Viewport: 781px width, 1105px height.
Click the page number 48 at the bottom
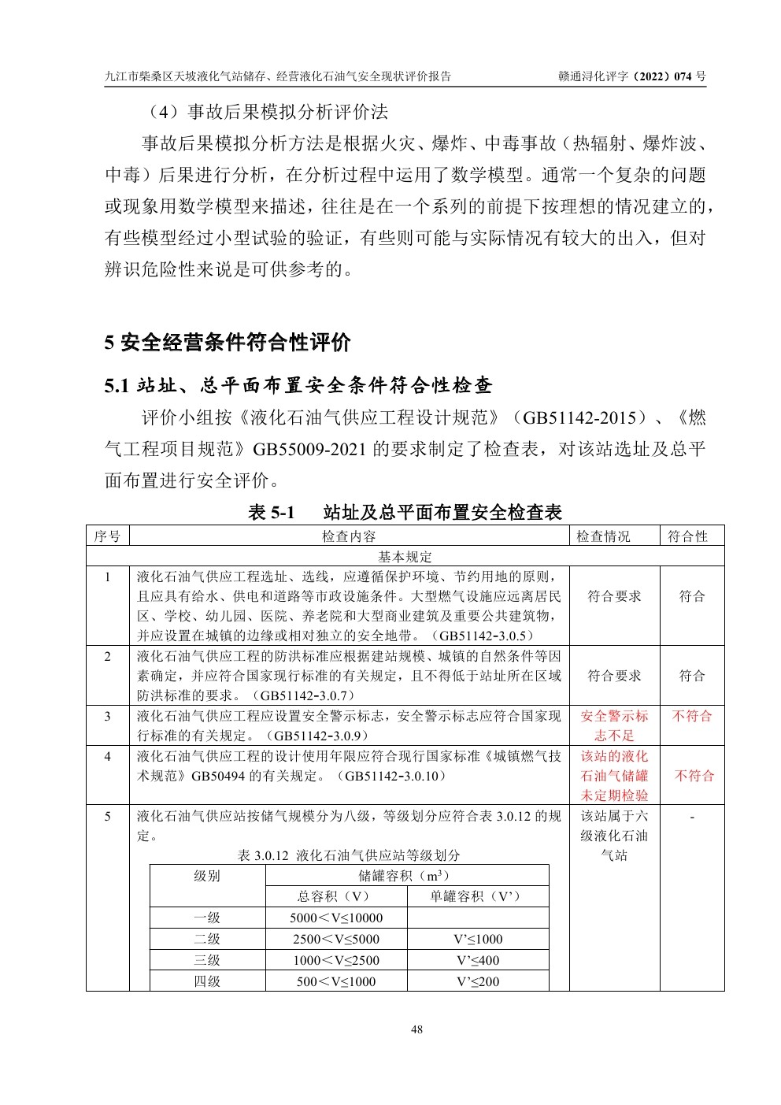417,1029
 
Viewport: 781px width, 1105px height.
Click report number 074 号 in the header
684,76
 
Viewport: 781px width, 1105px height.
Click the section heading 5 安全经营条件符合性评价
228,343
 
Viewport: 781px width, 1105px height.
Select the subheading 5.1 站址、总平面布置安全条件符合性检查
298,385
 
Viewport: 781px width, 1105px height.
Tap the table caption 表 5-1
271,512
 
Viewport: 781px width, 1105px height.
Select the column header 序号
107,536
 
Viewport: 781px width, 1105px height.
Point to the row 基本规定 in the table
405,557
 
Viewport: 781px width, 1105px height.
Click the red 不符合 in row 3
691,716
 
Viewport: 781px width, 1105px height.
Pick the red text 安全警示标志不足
614,725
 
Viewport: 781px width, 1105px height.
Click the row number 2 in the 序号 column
108,656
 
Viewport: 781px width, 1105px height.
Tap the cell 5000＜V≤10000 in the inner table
336,918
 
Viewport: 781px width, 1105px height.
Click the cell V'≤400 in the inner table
478,960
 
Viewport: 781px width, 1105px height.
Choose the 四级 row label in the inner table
207,981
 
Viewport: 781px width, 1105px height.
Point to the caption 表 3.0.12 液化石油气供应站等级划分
349,855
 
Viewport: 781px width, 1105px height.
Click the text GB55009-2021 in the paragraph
309,449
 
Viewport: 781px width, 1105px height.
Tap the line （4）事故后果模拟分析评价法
264,112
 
